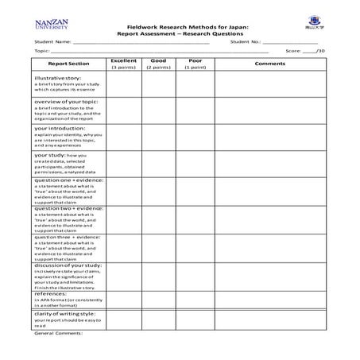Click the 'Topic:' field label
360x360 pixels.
click(41, 50)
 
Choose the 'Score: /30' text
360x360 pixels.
click(305, 50)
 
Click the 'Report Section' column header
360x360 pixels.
click(68, 64)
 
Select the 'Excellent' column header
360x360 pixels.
click(124, 60)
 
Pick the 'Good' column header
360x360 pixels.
click(158, 60)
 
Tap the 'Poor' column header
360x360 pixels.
click(195, 60)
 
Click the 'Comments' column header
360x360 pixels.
click(269, 64)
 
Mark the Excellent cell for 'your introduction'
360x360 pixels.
click(124, 137)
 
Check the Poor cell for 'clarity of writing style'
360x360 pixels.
click(195, 319)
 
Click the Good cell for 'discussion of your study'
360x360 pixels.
click(158, 275)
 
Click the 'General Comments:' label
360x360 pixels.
click(58, 333)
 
